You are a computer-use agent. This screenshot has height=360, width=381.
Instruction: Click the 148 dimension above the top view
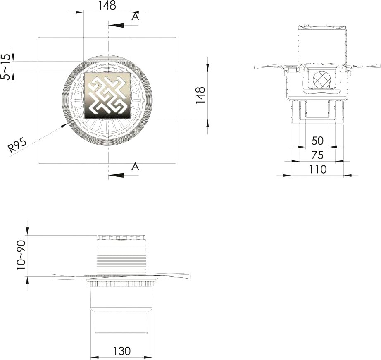pyautogui.click(x=107, y=6)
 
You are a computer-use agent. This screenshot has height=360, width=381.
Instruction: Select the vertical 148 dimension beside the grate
pyautogui.click(x=201, y=95)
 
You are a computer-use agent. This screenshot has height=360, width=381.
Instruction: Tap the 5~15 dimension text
pyautogui.click(x=6, y=67)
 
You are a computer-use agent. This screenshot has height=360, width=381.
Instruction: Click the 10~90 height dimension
pyautogui.click(x=21, y=255)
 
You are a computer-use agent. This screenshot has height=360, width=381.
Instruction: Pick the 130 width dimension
pyautogui.click(x=122, y=351)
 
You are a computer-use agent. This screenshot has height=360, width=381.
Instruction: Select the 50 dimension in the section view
pyautogui.click(x=317, y=141)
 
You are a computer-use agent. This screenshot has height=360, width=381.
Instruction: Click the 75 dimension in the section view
pyautogui.click(x=317, y=155)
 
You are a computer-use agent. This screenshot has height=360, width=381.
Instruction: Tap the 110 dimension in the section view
pyautogui.click(x=318, y=169)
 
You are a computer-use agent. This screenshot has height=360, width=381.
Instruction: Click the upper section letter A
pyautogui.click(x=136, y=17)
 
